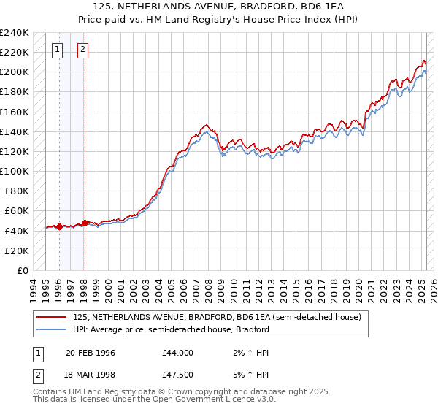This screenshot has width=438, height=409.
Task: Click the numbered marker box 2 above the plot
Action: [x=82, y=50]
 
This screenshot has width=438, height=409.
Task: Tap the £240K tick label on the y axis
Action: [x=15, y=33]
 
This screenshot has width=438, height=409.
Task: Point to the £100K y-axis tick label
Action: [x=15, y=171]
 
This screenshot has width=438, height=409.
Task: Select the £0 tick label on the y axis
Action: [x=22, y=270]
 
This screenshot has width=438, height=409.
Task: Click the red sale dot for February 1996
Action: [x=58, y=226]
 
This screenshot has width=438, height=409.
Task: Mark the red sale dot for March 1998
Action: [x=85, y=223]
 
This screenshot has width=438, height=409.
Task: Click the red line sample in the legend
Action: [x=52, y=317]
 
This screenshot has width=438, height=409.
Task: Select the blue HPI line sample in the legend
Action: [x=52, y=329]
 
